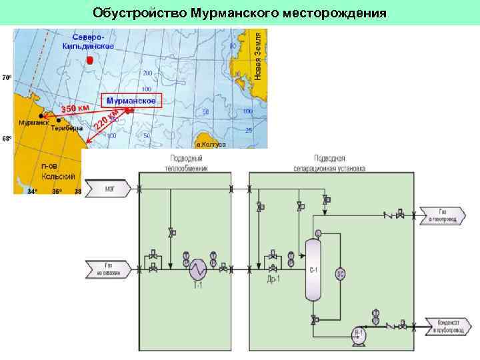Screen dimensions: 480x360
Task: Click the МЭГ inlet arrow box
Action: (109, 189)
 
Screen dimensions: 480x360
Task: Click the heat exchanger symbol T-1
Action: (198, 270)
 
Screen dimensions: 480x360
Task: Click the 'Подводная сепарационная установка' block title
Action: (330, 164)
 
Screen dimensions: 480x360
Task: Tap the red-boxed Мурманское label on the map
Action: (131, 101)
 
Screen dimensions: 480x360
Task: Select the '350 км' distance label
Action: (76, 107)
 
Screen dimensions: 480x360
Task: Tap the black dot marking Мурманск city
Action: (41, 115)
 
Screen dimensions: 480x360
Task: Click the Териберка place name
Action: (67, 128)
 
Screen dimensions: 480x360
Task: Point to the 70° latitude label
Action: (6, 77)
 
